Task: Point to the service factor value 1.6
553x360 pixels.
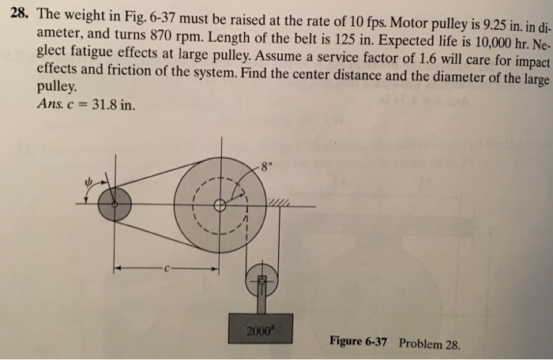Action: (x=426, y=58)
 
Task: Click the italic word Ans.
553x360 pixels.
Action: (x=48, y=103)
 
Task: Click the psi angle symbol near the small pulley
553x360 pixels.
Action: (x=88, y=182)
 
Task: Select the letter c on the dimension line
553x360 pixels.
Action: (x=167, y=269)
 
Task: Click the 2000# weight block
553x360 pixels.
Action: (x=260, y=328)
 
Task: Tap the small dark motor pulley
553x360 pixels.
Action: (x=115, y=204)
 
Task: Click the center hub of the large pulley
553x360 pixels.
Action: (x=220, y=205)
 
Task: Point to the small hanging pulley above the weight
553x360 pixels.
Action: (x=261, y=281)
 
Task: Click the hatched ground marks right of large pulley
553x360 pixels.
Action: (x=279, y=202)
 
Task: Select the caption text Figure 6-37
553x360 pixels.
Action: (x=359, y=341)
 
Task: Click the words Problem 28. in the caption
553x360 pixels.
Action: (x=430, y=343)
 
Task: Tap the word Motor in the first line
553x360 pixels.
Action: (x=408, y=23)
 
